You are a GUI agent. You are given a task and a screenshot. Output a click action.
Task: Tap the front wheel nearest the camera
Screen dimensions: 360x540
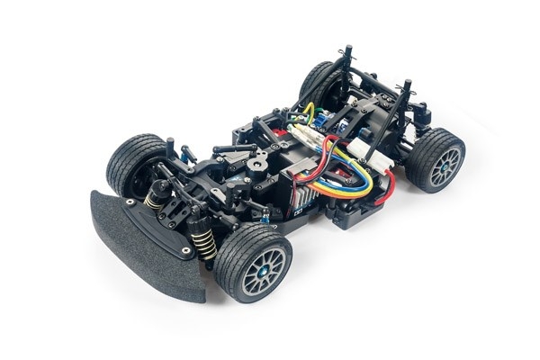[252, 262]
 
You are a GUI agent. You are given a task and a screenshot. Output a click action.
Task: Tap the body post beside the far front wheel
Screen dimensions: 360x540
[170, 146]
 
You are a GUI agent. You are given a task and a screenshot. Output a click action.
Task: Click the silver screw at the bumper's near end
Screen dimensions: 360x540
[184, 249]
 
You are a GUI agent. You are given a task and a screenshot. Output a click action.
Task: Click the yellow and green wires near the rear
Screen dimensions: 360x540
[307, 112]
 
